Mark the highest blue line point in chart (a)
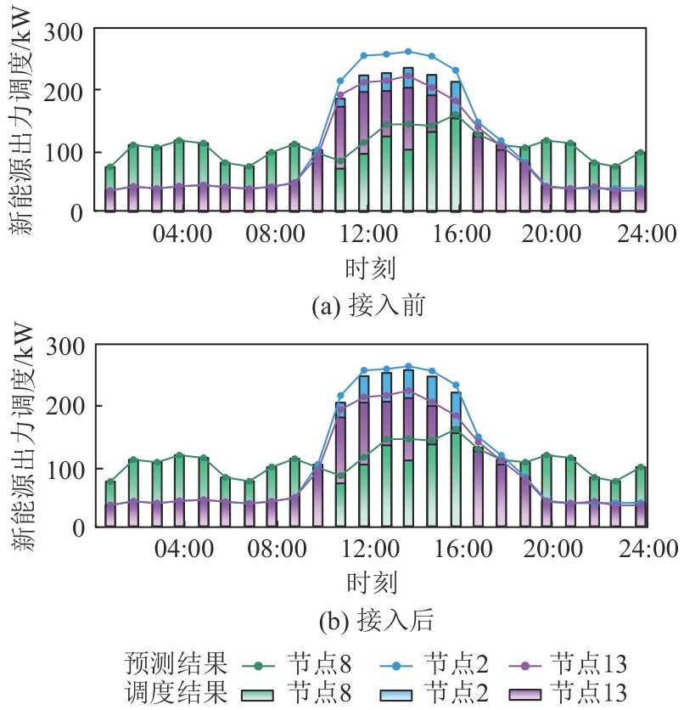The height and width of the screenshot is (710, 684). [408, 52]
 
